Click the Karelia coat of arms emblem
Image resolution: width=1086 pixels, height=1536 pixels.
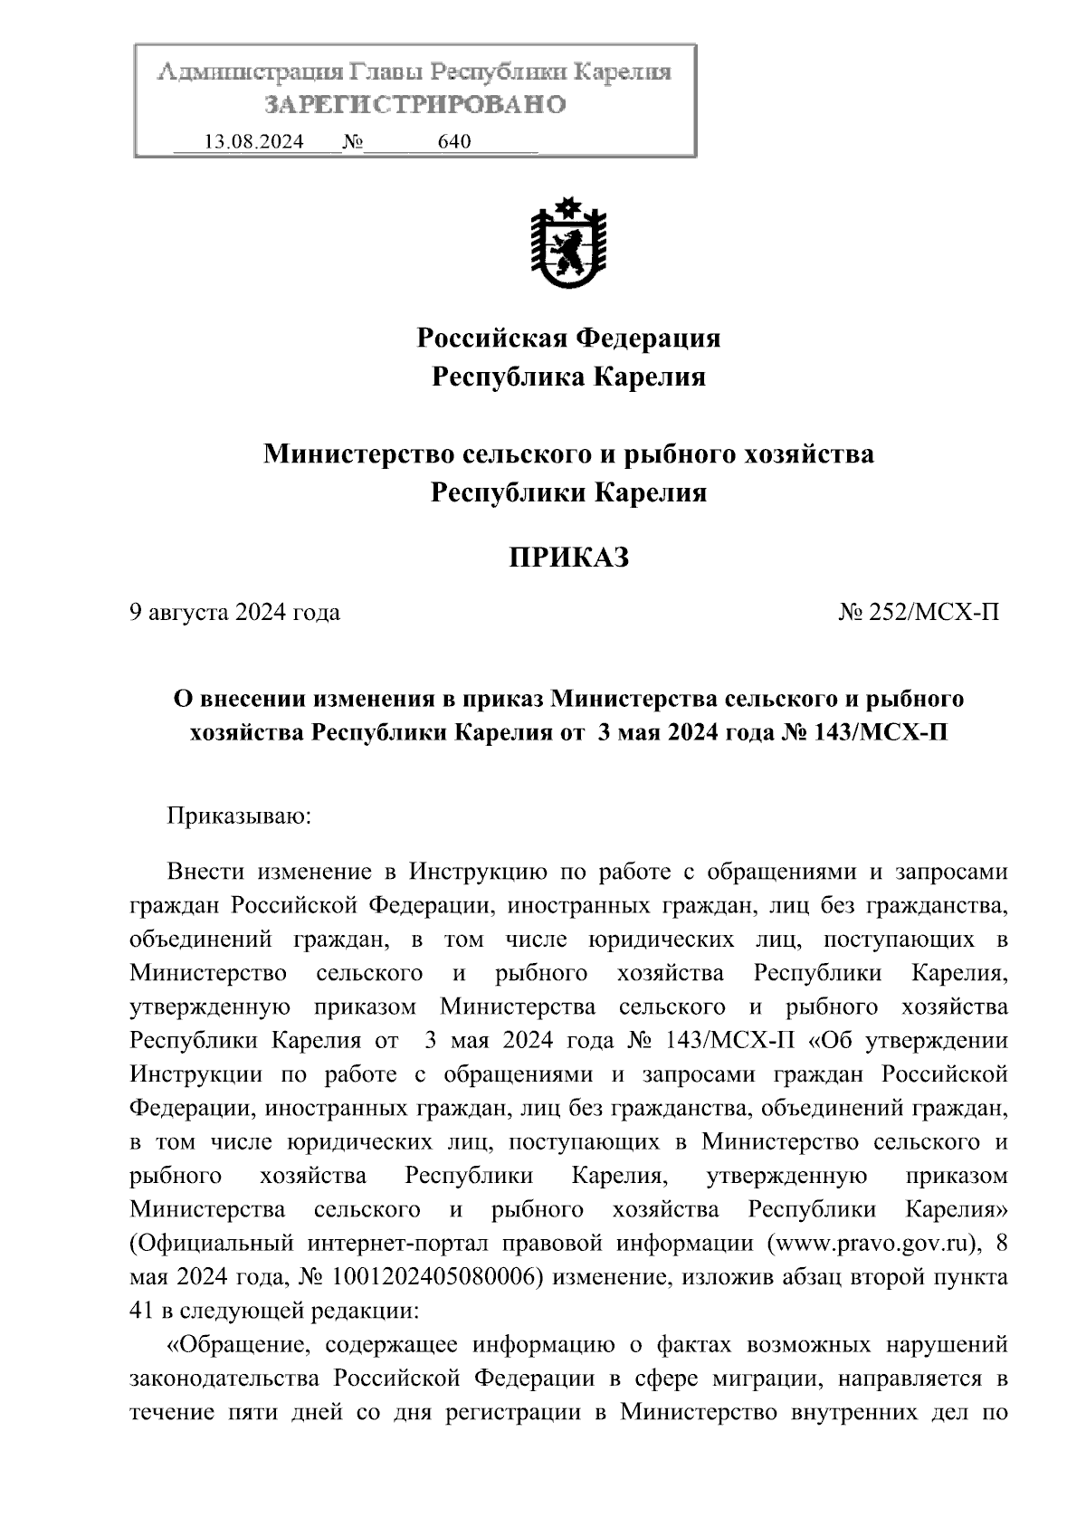pos(568,243)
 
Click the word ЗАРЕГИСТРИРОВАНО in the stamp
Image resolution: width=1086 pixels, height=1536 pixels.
pos(415,105)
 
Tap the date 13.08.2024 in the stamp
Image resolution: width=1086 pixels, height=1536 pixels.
pos(253,142)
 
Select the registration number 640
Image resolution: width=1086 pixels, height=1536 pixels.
pos(453,142)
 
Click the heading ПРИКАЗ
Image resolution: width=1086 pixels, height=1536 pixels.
pos(567,558)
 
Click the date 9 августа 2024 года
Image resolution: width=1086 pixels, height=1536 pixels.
pos(235,613)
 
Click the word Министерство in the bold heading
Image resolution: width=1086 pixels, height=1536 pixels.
pos(358,453)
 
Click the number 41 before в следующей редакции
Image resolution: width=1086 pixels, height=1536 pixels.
pos(141,1311)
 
